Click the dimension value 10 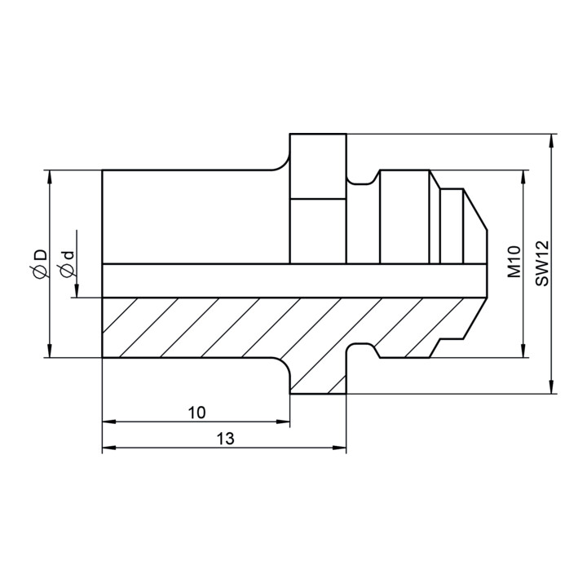pos(197,413)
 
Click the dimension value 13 pos(225,439)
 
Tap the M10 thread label pos(514,262)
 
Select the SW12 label pos(541,263)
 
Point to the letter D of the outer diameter pos(42,254)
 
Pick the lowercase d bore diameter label pos(68,256)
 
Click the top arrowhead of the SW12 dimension pos(550,141)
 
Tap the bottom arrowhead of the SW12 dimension pos(550,386)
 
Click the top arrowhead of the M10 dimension pos(523,178)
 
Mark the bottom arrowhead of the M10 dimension pos(523,351)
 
